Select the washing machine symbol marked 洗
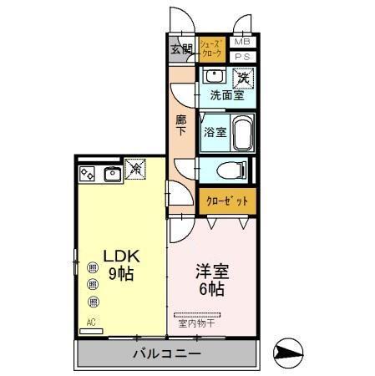[x=243, y=78]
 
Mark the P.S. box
[x=241, y=57]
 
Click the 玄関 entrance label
[x=181, y=48]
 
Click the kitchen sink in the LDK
[x=111, y=174]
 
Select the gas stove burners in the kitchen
[x=88, y=174]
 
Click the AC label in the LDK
[x=89, y=322]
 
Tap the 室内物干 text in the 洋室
[x=198, y=323]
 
